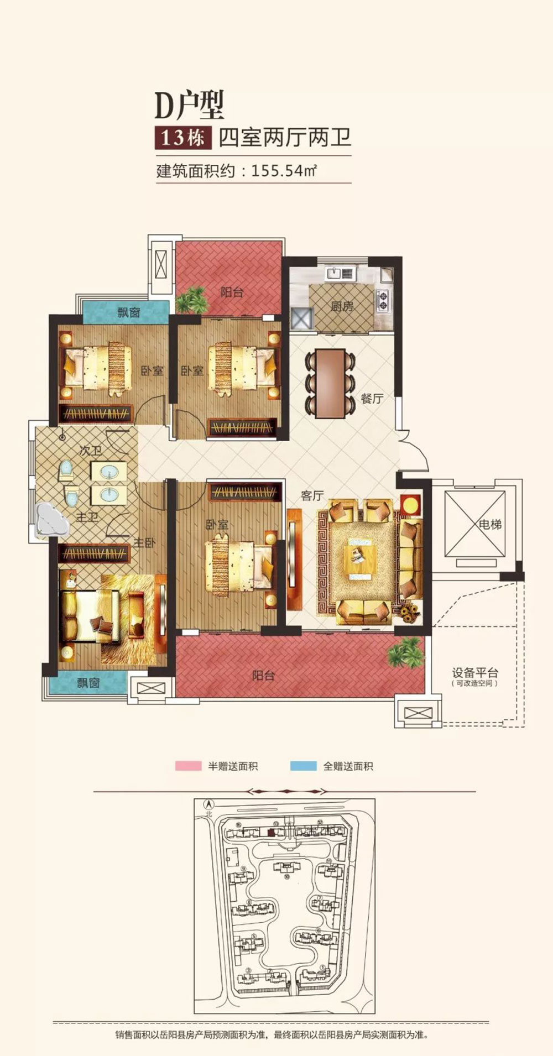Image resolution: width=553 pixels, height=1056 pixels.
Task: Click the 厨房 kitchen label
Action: click(x=342, y=306)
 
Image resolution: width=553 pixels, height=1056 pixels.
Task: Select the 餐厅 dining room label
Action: click(x=372, y=398)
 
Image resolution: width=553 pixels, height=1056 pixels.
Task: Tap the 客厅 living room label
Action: click(x=312, y=496)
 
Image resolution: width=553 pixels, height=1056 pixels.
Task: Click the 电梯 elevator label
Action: click(x=490, y=524)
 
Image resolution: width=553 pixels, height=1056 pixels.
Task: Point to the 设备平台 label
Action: click(x=475, y=673)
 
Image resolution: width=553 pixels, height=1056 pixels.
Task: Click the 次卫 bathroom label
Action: click(x=90, y=451)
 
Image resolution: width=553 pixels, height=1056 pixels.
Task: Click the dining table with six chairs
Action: click(x=330, y=383)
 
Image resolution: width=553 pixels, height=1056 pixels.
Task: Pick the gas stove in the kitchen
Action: click(x=383, y=299)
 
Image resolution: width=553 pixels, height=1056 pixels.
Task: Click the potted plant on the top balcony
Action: click(x=191, y=300)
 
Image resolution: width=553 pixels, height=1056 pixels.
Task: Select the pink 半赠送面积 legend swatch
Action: click(x=188, y=766)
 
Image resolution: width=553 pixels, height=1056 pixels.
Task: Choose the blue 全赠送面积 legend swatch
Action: click(x=303, y=766)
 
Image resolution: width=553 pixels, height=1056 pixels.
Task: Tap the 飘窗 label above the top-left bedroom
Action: click(x=128, y=313)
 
